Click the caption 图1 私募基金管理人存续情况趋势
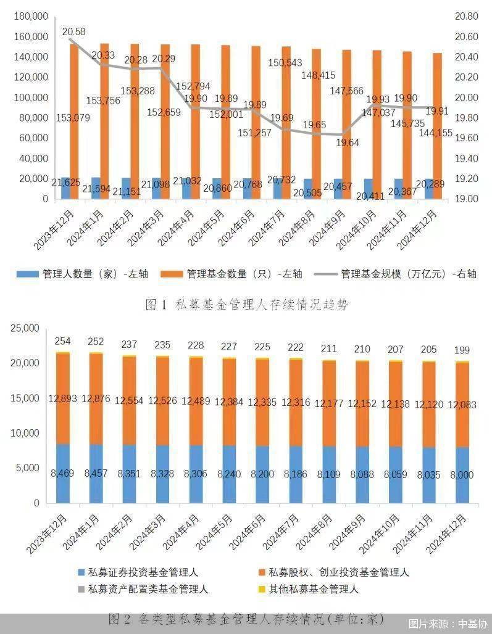click(x=246, y=304)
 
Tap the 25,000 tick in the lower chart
click(x=24, y=328)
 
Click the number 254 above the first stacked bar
click(x=63, y=341)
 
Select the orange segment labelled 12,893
click(x=63, y=399)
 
